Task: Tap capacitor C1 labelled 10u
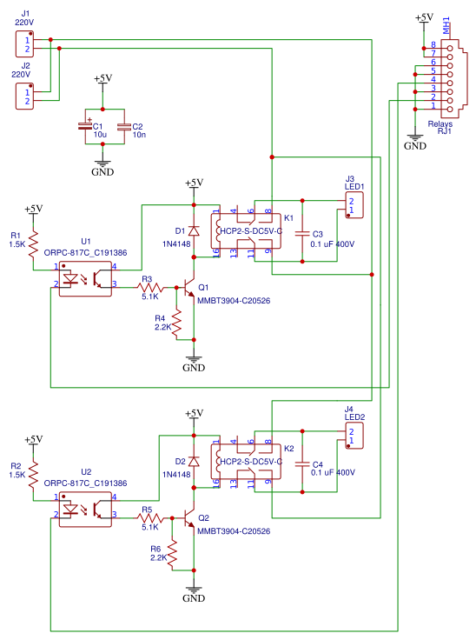tap(86, 127)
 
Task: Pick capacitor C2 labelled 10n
tap(123, 127)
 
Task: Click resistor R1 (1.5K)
tap(33, 240)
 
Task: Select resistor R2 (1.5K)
tap(33, 474)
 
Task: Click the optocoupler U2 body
tap(85, 509)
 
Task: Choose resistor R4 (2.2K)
tap(176, 321)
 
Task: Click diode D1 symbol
tap(195, 231)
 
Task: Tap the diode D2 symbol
tap(195, 462)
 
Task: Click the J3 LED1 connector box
tap(353, 205)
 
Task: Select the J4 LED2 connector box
tap(353, 437)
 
